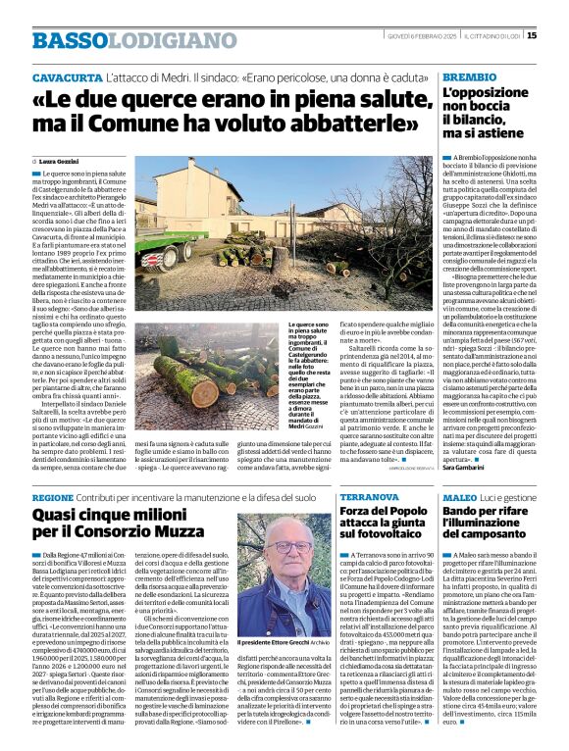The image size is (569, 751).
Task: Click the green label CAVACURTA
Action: [62, 75]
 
